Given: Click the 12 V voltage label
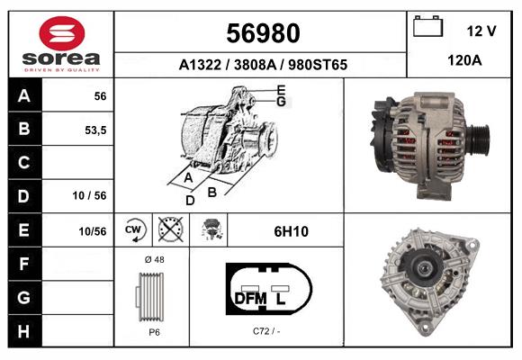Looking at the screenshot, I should pos(481,31).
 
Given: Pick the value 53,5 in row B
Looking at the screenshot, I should pos(94,130).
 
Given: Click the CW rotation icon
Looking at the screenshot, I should pos(134,229).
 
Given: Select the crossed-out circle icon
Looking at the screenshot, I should pos(168,229).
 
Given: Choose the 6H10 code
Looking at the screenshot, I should pos(291,231).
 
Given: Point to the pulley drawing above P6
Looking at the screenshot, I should pos(151,295).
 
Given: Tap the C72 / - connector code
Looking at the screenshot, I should pos(267,330).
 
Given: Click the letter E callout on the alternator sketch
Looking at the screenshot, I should pos(281,90).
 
